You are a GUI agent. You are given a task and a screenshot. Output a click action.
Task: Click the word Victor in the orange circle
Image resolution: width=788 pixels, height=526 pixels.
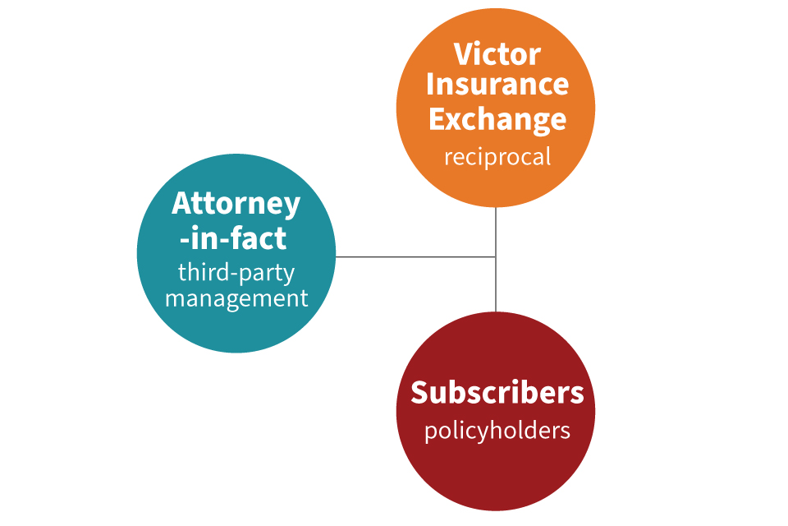[497, 55]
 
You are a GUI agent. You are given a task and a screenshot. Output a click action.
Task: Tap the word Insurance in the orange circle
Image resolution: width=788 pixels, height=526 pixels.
[497, 85]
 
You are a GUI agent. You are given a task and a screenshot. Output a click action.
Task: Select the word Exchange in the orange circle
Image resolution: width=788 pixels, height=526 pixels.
[497, 119]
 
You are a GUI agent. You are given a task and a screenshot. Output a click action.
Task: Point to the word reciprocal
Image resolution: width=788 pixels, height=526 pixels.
[497, 156]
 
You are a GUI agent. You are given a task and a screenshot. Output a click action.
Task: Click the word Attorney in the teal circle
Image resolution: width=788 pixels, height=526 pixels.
[236, 204]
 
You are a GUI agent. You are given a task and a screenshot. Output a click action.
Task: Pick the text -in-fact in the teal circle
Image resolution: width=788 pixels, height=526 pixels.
[236, 238]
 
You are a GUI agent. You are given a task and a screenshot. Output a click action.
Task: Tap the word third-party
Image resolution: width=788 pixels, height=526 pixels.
[236, 272]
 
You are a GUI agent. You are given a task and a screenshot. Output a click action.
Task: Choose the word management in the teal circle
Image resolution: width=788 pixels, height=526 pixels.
[236, 298]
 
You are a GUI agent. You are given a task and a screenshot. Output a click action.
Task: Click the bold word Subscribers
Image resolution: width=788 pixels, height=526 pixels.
[497, 392]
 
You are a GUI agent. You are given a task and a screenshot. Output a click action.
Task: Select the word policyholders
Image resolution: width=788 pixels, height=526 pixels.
[497, 431]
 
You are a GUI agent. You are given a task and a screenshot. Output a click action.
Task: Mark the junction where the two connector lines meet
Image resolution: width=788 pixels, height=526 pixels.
[496, 257]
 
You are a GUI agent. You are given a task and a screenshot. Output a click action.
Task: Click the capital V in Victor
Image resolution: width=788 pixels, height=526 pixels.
[464, 56]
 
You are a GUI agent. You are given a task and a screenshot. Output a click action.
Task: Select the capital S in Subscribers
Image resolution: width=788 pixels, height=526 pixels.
[420, 393]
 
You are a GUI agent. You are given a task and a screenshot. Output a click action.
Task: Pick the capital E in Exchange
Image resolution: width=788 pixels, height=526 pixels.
[438, 119]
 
